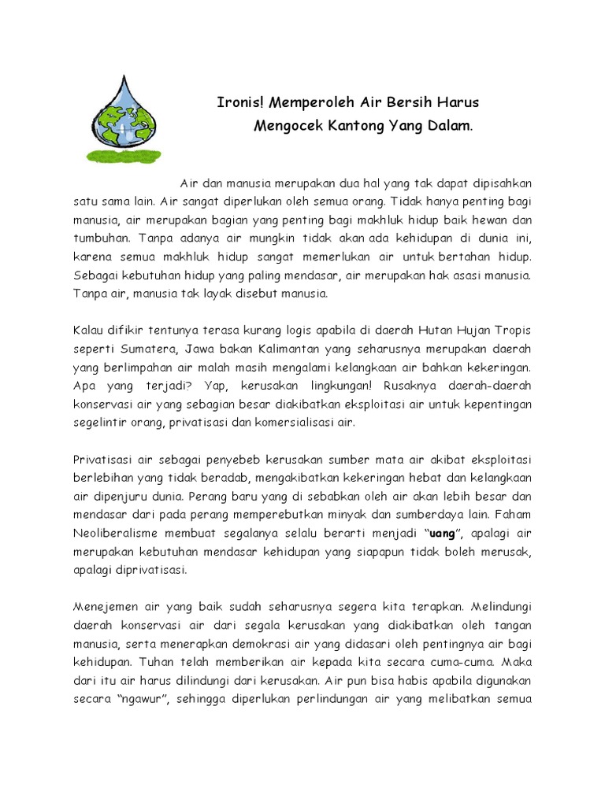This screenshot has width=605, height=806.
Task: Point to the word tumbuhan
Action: [103, 236]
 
